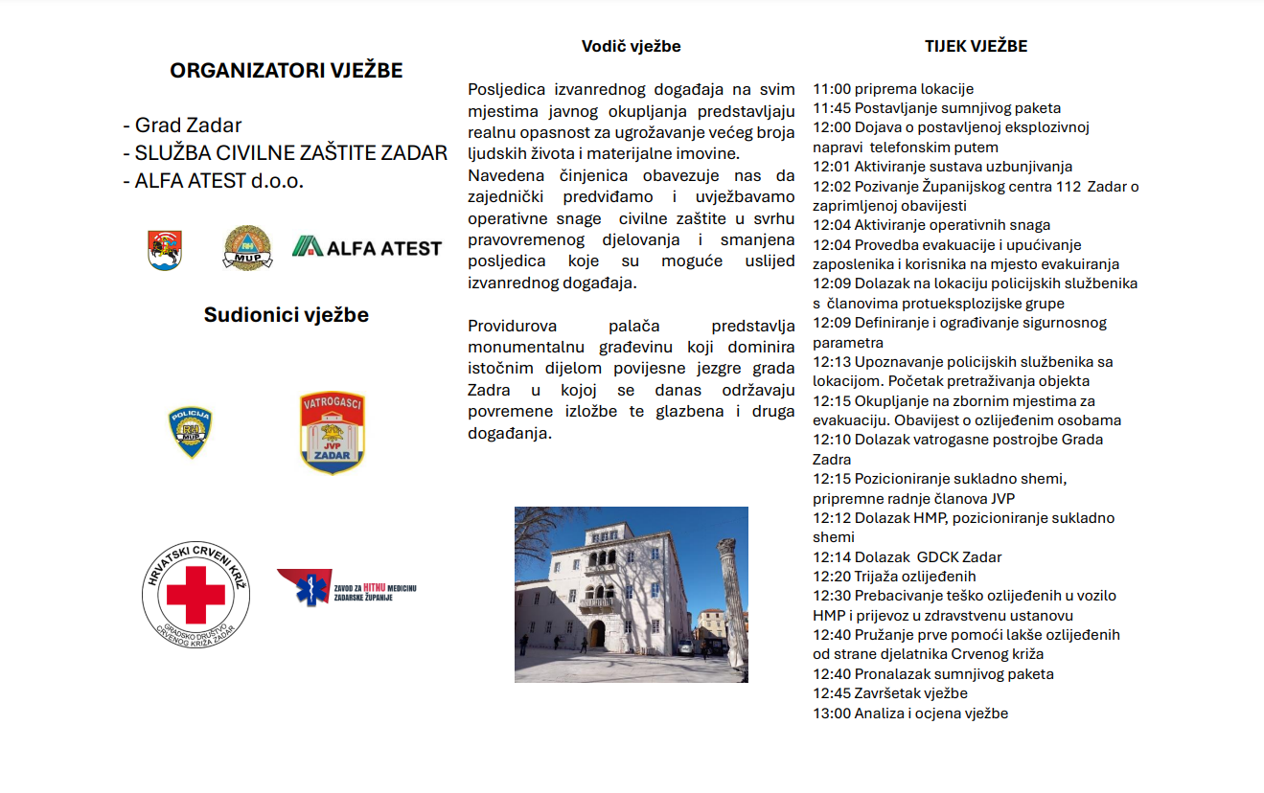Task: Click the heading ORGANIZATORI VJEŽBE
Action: (x=286, y=71)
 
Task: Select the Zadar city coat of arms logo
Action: (x=165, y=250)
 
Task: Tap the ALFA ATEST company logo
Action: (x=367, y=247)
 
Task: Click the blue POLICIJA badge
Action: (x=190, y=432)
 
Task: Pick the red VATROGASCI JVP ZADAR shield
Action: (x=332, y=433)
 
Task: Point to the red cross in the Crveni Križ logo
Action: (x=195, y=594)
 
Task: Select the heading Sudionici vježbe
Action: (x=286, y=315)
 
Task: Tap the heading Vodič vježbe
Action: (x=631, y=46)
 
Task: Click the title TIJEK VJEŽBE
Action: (x=976, y=46)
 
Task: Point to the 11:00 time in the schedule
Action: (x=832, y=89)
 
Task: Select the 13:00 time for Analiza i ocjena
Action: (x=832, y=714)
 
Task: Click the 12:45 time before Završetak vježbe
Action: (x=832, y=693)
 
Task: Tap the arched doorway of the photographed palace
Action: (x=597, y=635)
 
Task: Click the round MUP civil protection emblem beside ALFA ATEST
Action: (x=247, y=248)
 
